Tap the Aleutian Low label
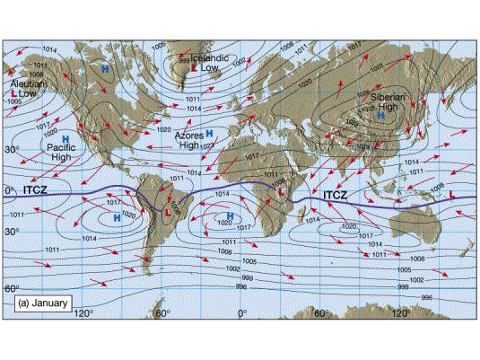(24, 89)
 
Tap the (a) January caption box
(42, 303)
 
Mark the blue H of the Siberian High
(381, 115)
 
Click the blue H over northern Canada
(104, 68)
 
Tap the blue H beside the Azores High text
(208, 134)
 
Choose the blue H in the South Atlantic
(230, 216)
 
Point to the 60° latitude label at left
(12, 289)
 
